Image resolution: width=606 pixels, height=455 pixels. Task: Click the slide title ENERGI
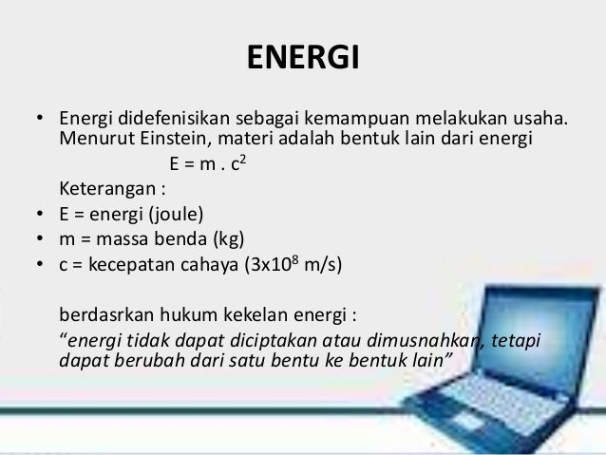(303, 59)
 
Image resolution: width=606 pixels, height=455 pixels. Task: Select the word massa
(115, 236)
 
